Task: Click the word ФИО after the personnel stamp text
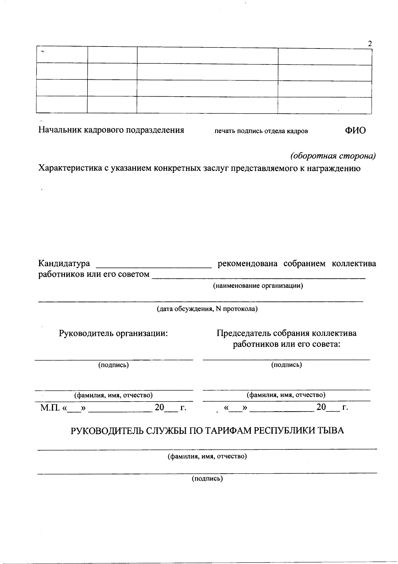click(355, 130)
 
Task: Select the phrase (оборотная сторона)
click(333, 156)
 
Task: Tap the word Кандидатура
click(64, 263)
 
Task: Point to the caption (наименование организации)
click(258, 285)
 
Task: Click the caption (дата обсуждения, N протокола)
click(207, 309)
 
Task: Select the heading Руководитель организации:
click(113, 333)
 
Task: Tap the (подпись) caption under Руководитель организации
click(113, 365)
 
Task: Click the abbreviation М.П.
click(50, 408)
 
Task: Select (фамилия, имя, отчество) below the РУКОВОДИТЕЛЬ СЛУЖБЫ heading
click(207, 456)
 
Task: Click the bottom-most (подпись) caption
click(207, 479)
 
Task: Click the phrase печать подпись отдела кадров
click(261, 131)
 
